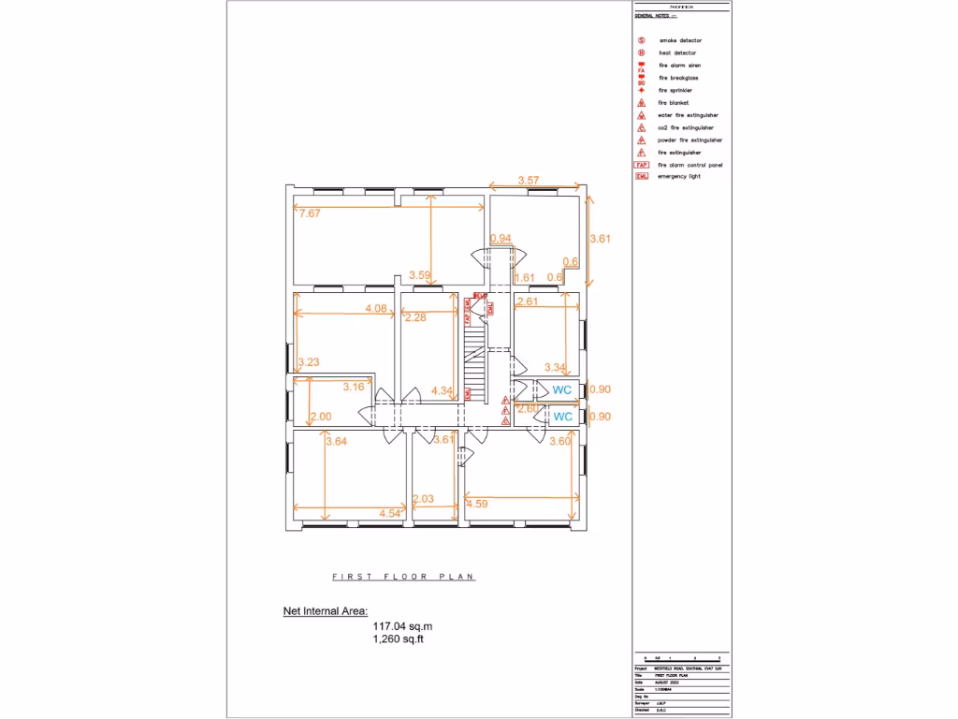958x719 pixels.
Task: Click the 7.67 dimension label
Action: click(x=310, y=213)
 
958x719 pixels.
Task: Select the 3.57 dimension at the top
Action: click(x=529, y=180)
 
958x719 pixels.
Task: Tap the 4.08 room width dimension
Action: click(x=376, y=308)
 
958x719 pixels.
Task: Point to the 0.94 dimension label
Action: click(x=501, y=239)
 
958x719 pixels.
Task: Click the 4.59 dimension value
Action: click(x=477, y=505)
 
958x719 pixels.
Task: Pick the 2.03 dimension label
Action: click(x=423, y=500)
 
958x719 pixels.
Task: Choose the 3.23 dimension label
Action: click(x=309, y=361)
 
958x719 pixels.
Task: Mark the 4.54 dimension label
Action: click(x=390, y=513)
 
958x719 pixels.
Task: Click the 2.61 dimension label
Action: click(x=528, y=301)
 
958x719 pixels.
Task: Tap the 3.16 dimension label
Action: click(x=354, y=387)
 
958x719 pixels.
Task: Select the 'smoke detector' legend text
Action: click(x=680, y=41)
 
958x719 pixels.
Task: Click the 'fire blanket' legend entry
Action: click(x=674, y=102)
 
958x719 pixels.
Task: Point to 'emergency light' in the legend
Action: click(x=679, y=176)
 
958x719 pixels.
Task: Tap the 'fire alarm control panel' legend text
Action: click(x=690, y=164)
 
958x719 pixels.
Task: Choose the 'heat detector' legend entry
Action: click(x=677, y=53)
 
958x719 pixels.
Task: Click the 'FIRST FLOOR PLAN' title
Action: click(x=403, y=577)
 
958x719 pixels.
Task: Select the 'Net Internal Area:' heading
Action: click(x=326, y=611)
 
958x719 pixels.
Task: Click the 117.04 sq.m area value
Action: click(x=403, y=626)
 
